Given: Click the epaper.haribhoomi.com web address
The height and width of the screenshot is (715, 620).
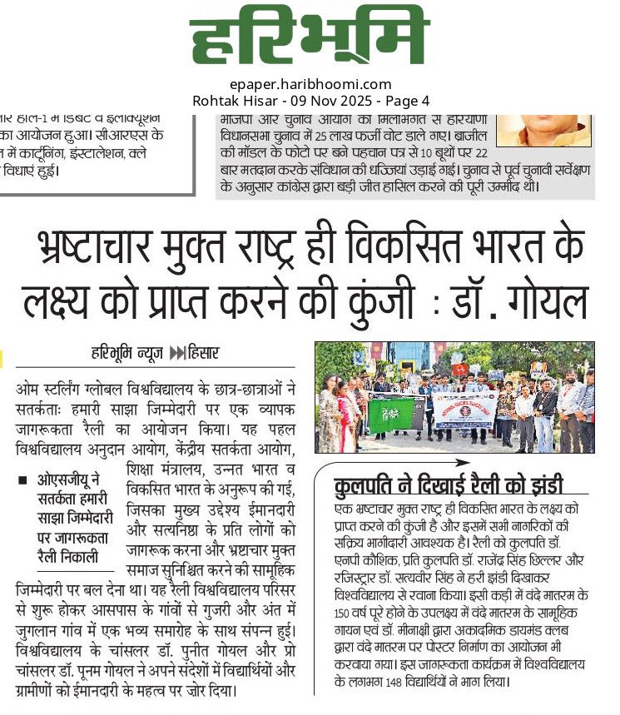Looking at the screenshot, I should pyautogui.click(x=310, y=84).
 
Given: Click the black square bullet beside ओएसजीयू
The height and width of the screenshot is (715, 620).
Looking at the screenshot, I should pyautogui.click(x=22, y=481).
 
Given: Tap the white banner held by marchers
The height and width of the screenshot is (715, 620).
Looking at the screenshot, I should pyautogui.click(x=465, y=410).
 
